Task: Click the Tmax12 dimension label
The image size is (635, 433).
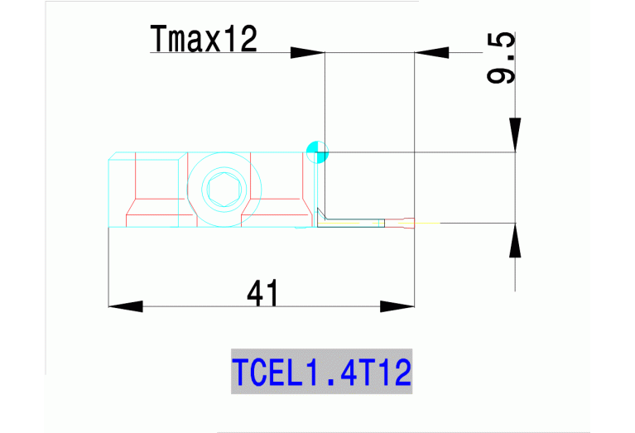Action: [x=204, y=39]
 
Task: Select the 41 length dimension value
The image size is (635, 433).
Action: [x=262, y=293]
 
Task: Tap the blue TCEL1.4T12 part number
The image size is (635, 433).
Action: [x=321, y=372]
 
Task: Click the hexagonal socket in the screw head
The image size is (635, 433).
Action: [x=223, y=190]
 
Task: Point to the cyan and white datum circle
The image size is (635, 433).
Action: [x=317, y=152]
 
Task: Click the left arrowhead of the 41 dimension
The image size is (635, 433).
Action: [x=125, y=306]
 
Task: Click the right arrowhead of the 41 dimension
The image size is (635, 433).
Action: [x=397, y=306]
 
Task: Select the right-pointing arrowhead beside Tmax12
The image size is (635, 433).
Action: [x=306, y=52]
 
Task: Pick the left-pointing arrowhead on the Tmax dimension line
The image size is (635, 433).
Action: [x=431, y=52]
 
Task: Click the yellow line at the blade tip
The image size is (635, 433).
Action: [x=427, y=223]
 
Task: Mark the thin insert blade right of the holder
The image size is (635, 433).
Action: [x=364, y=221]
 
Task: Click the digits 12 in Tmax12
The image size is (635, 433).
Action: [x=240, y=39]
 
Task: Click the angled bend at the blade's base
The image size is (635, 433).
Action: [x=321, y=217]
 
